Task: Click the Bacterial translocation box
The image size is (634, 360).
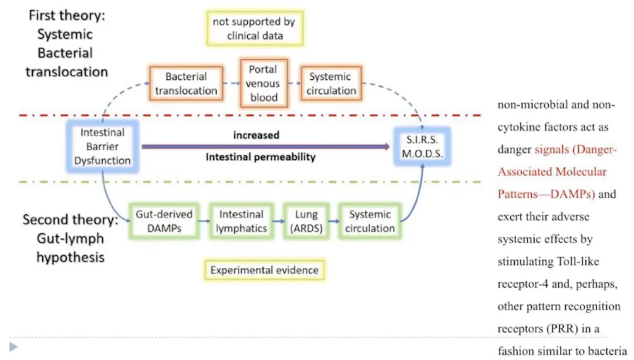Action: click(x=186, y=83)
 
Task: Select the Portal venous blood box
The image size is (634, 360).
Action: click(x=264, y=83)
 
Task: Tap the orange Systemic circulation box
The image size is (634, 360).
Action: click(x=331, y=83)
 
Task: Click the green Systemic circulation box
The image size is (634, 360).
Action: click(x=370, y=221)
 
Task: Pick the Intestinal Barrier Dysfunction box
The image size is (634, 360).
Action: click(x=102, y=146)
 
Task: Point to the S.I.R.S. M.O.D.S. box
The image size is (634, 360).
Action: click(x=422, y=146)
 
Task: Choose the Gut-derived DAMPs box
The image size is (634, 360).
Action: click(x=164, y=221)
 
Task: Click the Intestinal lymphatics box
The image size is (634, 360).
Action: click(x=241, y=221)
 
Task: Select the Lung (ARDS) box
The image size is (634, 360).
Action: click(x=306, y=221)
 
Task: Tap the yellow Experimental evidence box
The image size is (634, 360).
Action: click(x=264, y=270)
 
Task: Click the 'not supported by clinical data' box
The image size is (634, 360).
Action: click(x=255, y=28)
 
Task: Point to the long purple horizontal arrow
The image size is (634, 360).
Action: click(x=266, y=146)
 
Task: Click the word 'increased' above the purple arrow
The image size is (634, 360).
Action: click(x=257, y=135)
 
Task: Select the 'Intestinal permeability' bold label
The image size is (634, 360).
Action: click(x=261, y=157)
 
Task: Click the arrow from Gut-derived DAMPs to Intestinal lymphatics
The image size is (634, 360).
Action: click(x=204, y=221)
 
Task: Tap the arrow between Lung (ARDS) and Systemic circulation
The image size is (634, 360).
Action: click(x=334, y=221)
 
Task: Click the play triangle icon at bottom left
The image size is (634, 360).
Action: click(x=14, y=346)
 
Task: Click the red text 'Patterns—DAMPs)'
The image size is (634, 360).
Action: click(x=547, y=194)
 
